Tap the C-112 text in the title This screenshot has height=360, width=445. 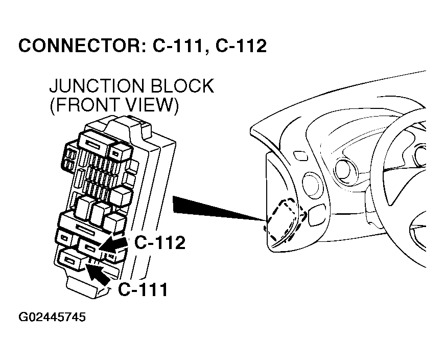tap(241, 46)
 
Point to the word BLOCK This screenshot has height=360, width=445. tap(182, 86)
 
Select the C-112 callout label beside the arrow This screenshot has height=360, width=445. tap(159, 243)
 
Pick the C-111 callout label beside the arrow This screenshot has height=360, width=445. tap(143, 289)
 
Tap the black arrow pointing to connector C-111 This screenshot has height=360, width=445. tap(98, 273)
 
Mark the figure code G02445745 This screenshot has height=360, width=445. tap(52, 318)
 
